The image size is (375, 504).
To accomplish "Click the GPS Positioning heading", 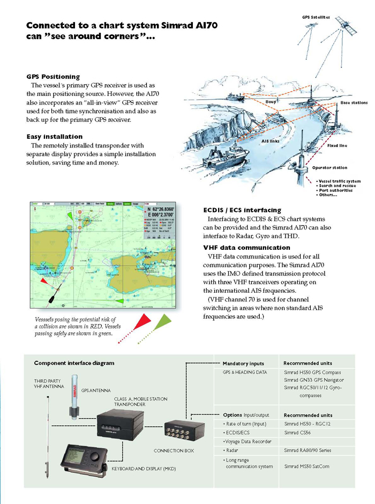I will pos(53,77).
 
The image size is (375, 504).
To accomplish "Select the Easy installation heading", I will pos(54,137).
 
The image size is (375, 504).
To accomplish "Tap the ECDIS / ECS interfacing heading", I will pos(242,210).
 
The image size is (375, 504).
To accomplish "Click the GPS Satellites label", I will pos(317,17).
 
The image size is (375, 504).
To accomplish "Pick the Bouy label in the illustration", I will pos(271,101).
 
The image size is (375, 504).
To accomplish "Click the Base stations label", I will pos(354,102).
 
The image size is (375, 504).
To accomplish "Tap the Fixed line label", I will pos(337,145).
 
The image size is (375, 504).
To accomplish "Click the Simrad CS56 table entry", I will pos(299,433).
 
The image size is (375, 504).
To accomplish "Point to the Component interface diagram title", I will pos(74,363).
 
